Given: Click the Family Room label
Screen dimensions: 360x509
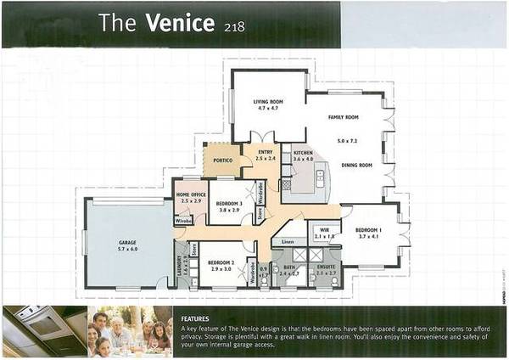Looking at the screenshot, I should [x=344, y=117].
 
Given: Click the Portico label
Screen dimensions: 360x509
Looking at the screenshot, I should [x=223, y=160].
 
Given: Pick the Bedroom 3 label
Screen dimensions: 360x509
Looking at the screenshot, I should [x=230, y=205].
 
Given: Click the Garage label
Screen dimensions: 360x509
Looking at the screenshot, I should [x=126, y=243].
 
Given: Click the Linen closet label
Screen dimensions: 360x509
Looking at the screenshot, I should [x=288, y=244].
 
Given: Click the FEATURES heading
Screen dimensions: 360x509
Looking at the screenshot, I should [x=196, y=319].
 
